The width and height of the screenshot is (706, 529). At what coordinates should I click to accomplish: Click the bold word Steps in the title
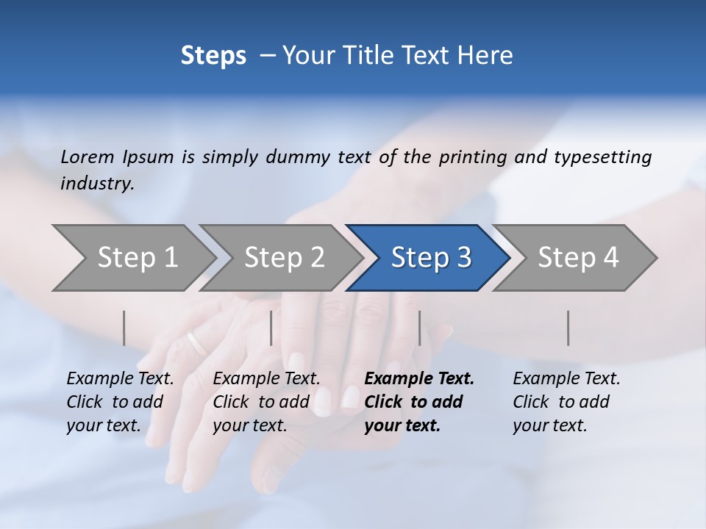coord(213,56)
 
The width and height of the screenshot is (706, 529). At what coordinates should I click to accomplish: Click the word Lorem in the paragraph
coord(88,157)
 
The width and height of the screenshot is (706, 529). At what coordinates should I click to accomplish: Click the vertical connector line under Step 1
coord(124,328)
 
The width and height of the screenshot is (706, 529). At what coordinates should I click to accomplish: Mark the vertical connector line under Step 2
coord(271,328)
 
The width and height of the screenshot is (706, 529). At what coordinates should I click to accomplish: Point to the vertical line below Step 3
coord(419,328)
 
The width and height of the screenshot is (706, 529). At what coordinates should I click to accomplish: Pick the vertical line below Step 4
coord(568,328)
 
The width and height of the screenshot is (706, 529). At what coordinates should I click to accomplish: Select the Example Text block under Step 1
coord(120,402)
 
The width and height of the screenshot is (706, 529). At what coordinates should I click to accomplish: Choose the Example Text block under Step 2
coord(266,402)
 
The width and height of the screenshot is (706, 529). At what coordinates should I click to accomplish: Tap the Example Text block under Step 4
coord(566,402)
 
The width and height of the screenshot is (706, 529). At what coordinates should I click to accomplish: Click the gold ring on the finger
coord(196,342)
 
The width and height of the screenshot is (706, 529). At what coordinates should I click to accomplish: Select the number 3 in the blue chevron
coord(464,258)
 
